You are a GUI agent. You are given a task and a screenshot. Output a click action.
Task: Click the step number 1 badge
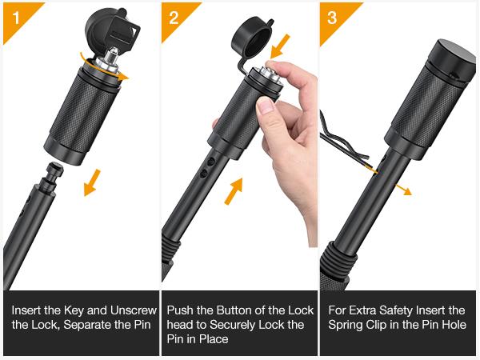(16, 18)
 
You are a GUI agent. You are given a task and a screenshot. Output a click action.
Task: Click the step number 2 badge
(174, 18)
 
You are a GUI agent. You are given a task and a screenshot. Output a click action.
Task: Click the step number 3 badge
(332, 18)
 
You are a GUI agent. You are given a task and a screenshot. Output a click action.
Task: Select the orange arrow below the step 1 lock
(92, 182)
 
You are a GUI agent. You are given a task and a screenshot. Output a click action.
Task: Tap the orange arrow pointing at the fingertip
(280, 46)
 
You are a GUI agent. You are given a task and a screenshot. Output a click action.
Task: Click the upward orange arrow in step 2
(234, 191)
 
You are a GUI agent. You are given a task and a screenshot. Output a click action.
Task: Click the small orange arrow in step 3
(403, 189)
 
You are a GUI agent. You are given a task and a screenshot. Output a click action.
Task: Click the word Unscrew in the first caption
(133, 310)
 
